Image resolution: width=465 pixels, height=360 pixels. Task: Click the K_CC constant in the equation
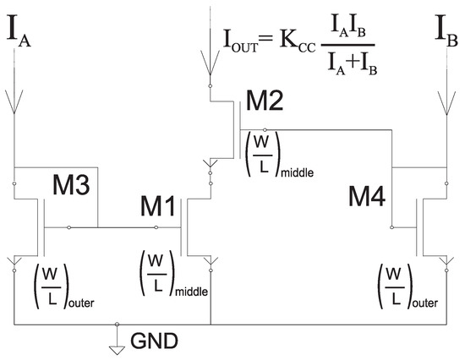tap(303, 41)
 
